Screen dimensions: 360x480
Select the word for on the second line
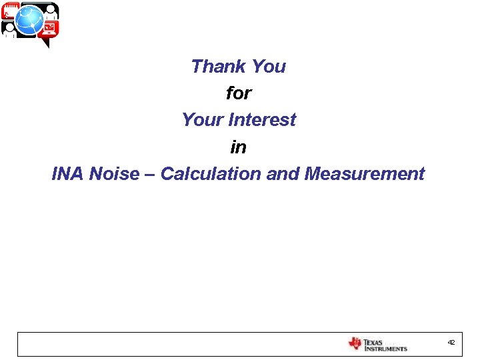[238, 93]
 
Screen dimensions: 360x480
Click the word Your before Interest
[203, 120]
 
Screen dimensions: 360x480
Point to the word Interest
[262, 120]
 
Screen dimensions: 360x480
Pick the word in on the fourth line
[238, 147]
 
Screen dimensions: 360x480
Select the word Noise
[113, 174]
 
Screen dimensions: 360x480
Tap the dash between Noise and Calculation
[149, 175]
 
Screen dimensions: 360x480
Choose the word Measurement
[364, 174]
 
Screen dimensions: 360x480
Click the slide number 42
[451, 343]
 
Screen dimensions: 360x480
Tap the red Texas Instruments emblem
[355, 344]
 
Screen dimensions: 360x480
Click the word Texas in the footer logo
[374, 341]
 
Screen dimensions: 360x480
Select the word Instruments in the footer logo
[385, 348]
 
